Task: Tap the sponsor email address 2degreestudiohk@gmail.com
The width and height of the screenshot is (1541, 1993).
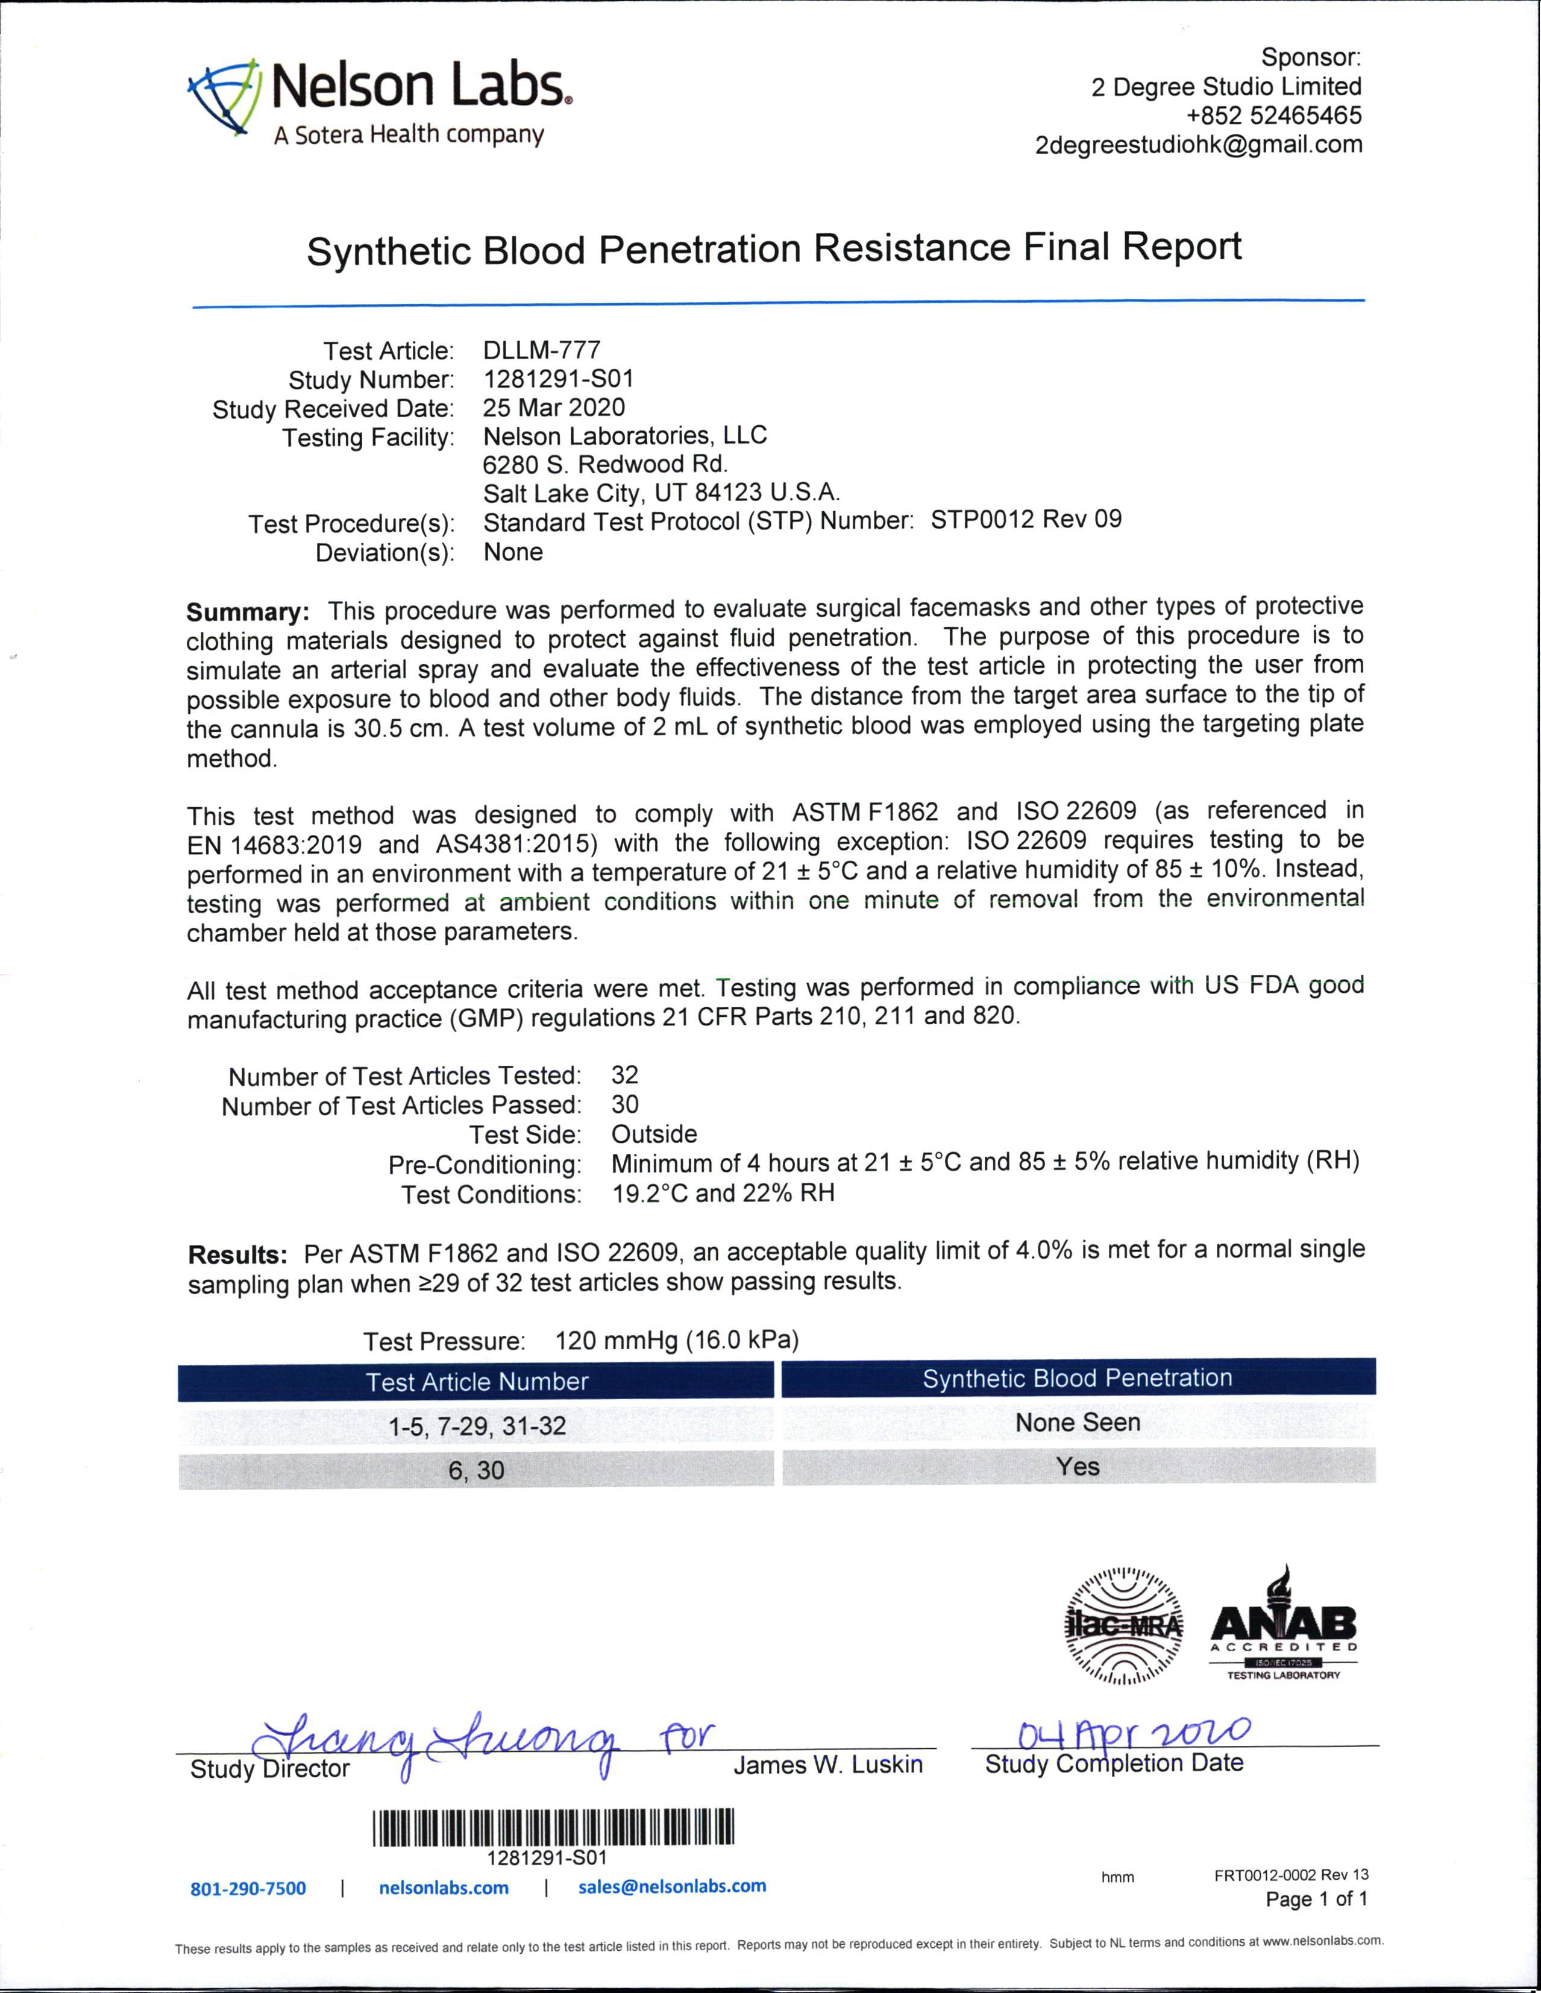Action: pos(1198,144)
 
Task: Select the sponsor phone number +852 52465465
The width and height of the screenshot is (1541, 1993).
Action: pos(1273,115)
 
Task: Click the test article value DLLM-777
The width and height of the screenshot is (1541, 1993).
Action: pos(541,350)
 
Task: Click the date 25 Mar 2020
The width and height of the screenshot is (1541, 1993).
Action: pos(554,408)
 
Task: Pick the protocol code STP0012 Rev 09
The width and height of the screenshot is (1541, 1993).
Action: pos(1026,520)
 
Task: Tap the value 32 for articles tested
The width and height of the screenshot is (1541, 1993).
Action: pos(625,1075)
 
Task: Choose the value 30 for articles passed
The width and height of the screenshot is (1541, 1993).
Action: pos(625,1104)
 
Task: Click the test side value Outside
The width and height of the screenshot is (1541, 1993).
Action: pos(653,1135)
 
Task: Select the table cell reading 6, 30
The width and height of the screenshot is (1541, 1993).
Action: pos(476,1470)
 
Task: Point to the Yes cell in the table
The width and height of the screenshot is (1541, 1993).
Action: pos(1078,1467)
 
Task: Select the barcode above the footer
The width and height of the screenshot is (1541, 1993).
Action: pos(553,1828)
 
